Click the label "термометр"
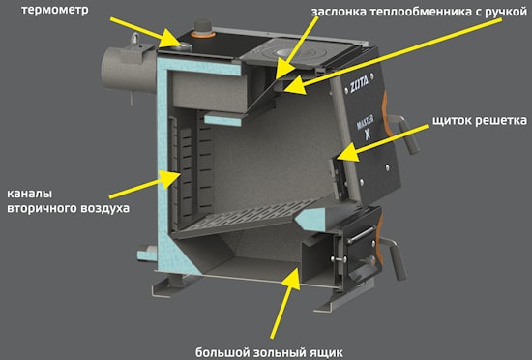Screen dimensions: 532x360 click(x=54, y=10)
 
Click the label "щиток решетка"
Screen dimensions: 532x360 click(x=480, y=120)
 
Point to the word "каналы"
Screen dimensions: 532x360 click(x=30, y=194)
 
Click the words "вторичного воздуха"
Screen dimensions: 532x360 click(x=69, y=208)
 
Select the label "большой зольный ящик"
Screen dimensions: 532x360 click(x=269, y=352)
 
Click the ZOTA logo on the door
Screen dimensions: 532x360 click(x=359, y=84)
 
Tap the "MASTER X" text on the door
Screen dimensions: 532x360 click(x=366, y=127)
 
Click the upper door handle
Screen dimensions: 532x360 click(x=405, y=134)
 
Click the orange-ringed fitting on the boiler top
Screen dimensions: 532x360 click(x=202, y=30)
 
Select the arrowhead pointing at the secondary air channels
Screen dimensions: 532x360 click(x=169, y=178)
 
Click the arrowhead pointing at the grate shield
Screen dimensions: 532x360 click(x=348, y=153)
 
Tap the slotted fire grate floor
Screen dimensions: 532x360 click(x=248, y=216)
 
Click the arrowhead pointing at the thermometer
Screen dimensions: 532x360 click(x=171, y=38)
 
